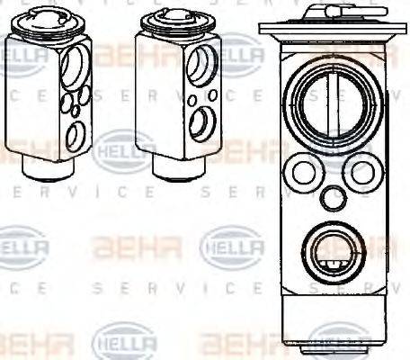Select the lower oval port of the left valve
pyautogui.click(x=76, y=135)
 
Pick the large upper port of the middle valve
pyautogui.click(x=203, y=65)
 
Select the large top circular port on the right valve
pyautogui.click(x=325, y=100)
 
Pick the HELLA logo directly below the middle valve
pyautogui.click(x=231, y=245)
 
